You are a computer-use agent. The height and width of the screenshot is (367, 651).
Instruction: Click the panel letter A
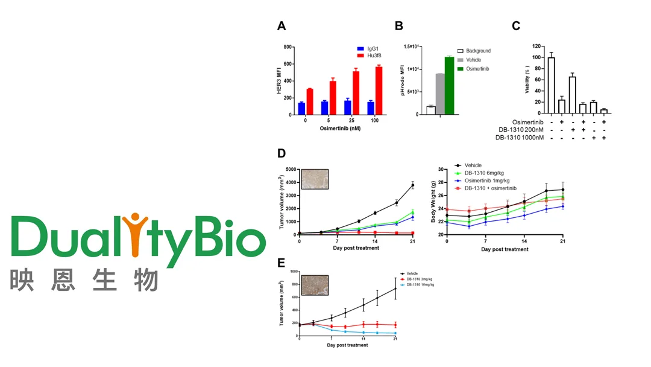pos(281,26)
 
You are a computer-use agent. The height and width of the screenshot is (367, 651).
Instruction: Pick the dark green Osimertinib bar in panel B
pos(449,85)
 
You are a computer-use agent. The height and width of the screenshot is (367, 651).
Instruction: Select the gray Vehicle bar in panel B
pos(440,94)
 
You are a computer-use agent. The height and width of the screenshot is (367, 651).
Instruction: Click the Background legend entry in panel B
pos(474,51)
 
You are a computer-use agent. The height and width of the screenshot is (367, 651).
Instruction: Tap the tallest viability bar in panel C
pos(551,85)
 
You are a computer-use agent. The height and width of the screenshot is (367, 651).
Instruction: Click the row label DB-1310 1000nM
pos(520,138)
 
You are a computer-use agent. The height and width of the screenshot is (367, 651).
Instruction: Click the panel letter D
pos(281,154)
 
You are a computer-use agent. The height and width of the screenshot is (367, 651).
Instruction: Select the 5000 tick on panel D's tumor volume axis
pos(291,170)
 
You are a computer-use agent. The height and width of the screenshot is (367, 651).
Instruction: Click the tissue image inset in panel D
pos(314,179)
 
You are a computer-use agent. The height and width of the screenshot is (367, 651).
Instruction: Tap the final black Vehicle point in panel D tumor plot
pos(413,185)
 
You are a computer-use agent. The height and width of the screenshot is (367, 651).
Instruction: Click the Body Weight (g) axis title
pos(434,202)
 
